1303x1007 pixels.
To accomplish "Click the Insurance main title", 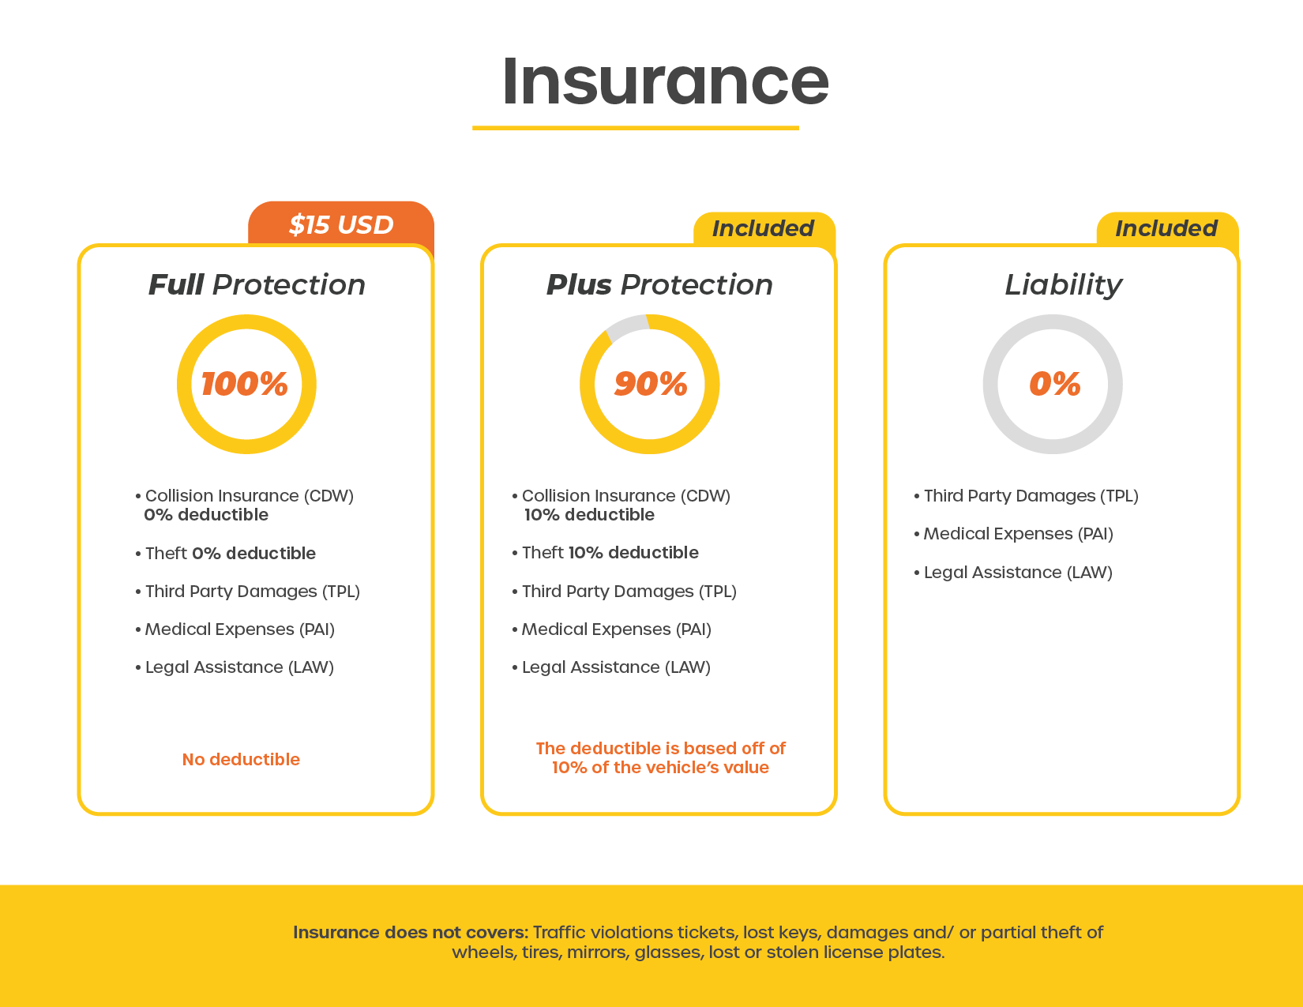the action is point(665,81).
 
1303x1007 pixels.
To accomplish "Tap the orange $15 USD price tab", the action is point(340,223).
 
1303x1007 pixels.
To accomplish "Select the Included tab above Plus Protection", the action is point(764,228).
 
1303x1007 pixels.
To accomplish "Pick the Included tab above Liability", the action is point(1167,228).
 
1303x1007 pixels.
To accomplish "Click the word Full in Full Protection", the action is point(176,284).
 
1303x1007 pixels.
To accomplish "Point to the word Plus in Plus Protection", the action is point(579,284).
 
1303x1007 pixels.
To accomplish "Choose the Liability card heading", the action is point(1063,285).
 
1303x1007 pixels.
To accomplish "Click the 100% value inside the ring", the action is point(245,384).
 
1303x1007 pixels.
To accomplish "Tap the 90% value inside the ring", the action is point(651,384).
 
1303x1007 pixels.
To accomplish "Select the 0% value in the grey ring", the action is point(1055,384).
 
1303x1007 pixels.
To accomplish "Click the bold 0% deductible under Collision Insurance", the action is point(205,515).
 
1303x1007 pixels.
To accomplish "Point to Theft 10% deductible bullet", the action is point(605,552).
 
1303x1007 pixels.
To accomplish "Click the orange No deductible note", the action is point(241,759).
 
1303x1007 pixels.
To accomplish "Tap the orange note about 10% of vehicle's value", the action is point(661,757).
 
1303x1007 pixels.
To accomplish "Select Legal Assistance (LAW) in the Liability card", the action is point(1013,572).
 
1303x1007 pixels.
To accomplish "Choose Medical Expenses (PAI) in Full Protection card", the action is point(235,629).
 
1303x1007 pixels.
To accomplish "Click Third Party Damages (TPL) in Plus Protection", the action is point(624,592).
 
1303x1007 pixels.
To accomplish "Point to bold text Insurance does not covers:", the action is point(411,932).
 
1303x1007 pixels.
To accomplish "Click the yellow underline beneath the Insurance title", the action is point(636,128).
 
